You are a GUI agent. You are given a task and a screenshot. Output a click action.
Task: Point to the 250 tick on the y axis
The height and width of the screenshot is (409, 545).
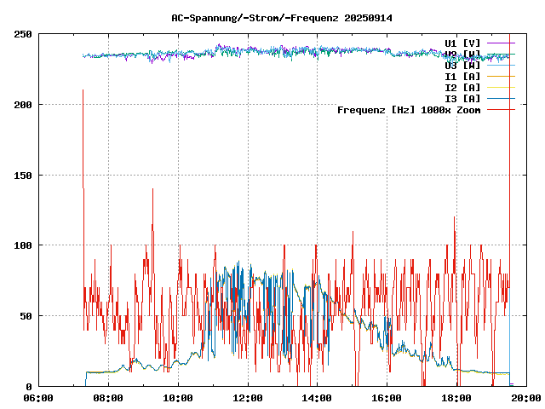coord(23,34)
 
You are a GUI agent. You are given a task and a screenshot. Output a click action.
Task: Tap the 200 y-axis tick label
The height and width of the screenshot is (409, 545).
coord(23,105)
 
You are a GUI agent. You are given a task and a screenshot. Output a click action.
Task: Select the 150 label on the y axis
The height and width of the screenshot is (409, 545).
coord(23,176)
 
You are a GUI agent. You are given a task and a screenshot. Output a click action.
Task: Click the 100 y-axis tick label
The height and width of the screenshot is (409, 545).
coord(23,245)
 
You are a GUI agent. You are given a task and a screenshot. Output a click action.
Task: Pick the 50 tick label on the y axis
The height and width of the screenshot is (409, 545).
coord(26,316)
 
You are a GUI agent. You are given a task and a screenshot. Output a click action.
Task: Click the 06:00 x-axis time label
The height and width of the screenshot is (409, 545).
coord(38,397)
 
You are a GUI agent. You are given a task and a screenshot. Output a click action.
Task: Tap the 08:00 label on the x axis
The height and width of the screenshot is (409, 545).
coord(108,397)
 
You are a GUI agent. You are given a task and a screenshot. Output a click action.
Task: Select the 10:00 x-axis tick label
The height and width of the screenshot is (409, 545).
coord(178,397)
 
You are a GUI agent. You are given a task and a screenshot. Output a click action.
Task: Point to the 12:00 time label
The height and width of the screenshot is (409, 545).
coord(248,397)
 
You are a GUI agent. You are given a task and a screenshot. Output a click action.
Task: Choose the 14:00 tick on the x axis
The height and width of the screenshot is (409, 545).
coord(318,397)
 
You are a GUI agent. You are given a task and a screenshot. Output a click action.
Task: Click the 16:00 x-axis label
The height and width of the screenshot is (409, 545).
coord(387,397)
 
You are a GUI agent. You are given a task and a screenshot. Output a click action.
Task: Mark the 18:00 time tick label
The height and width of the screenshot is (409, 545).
coord(457,397)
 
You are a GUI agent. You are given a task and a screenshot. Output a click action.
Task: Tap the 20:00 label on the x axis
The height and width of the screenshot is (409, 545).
coord(527,397)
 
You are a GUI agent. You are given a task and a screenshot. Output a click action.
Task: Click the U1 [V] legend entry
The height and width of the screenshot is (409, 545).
coord(462,43)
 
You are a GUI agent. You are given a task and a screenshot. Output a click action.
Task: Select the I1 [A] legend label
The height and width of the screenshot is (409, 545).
coord(462,76)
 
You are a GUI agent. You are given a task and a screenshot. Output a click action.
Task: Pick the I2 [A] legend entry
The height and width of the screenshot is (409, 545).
coord(462,87)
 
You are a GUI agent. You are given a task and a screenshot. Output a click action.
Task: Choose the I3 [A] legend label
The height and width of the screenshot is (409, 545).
coord(462,98)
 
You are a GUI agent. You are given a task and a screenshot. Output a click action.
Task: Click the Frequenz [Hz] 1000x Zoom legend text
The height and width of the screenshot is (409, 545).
coord(409,109)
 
